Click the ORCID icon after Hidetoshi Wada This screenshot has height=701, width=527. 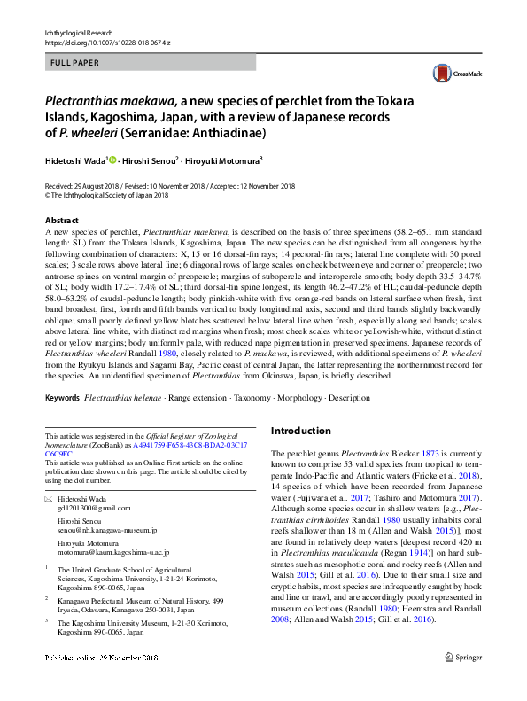112,160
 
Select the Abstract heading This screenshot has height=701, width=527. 61,220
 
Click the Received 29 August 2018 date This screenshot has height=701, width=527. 85,186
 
